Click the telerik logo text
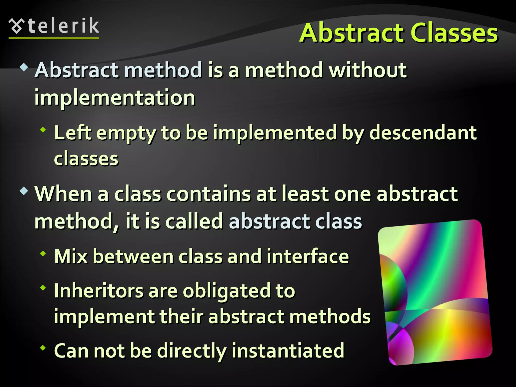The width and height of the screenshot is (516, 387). click(x=63, y=26)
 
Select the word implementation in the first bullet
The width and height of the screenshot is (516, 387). click(x=115, y=98)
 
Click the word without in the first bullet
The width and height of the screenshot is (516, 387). click(x=368, y=70)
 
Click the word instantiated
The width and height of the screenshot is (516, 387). click(x=288, y=351)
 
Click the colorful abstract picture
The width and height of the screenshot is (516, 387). click(x=435, y=292)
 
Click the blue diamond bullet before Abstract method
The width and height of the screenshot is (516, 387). click(x=24, y=67)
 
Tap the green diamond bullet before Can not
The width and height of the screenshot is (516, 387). click(x=43, y=348)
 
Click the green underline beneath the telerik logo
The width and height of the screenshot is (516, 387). click(x=54, y=38)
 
